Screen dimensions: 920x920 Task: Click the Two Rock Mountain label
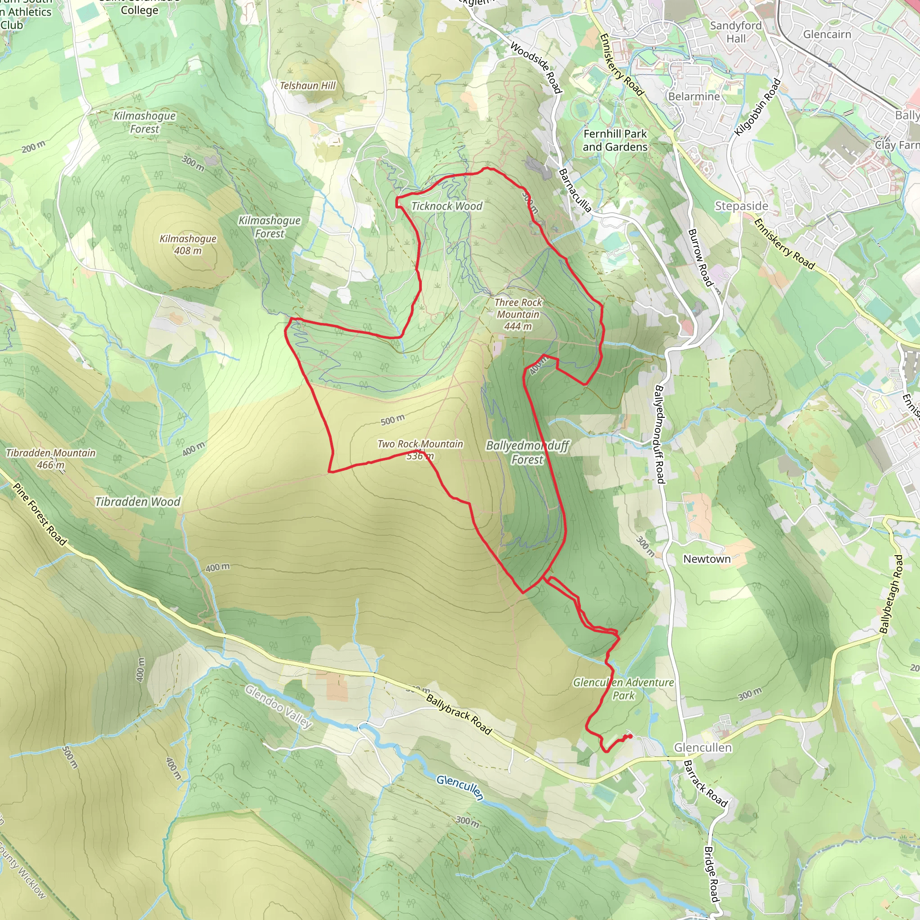point(420,444)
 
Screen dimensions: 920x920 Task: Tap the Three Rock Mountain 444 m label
point(518,314)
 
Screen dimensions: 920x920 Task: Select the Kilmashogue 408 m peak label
point(188,244)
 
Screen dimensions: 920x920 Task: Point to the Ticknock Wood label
point(447,206)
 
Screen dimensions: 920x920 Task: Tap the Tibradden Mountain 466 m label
point(51,459)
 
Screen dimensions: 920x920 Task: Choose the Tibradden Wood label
point(137,502)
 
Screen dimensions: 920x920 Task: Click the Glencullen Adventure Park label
point(624,689)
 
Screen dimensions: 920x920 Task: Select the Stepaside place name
point(741,206)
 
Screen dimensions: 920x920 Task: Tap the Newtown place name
point(707,559)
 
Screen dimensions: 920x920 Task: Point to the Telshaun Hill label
point(308,86)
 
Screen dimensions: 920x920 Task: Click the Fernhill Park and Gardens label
point(615,141)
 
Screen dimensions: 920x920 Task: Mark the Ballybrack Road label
point(458,714)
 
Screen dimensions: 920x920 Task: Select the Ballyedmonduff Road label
point(659,434)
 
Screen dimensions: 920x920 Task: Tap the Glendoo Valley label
point(279,707)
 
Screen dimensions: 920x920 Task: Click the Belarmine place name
point(694,97)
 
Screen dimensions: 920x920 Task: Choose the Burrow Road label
point(700,257)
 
